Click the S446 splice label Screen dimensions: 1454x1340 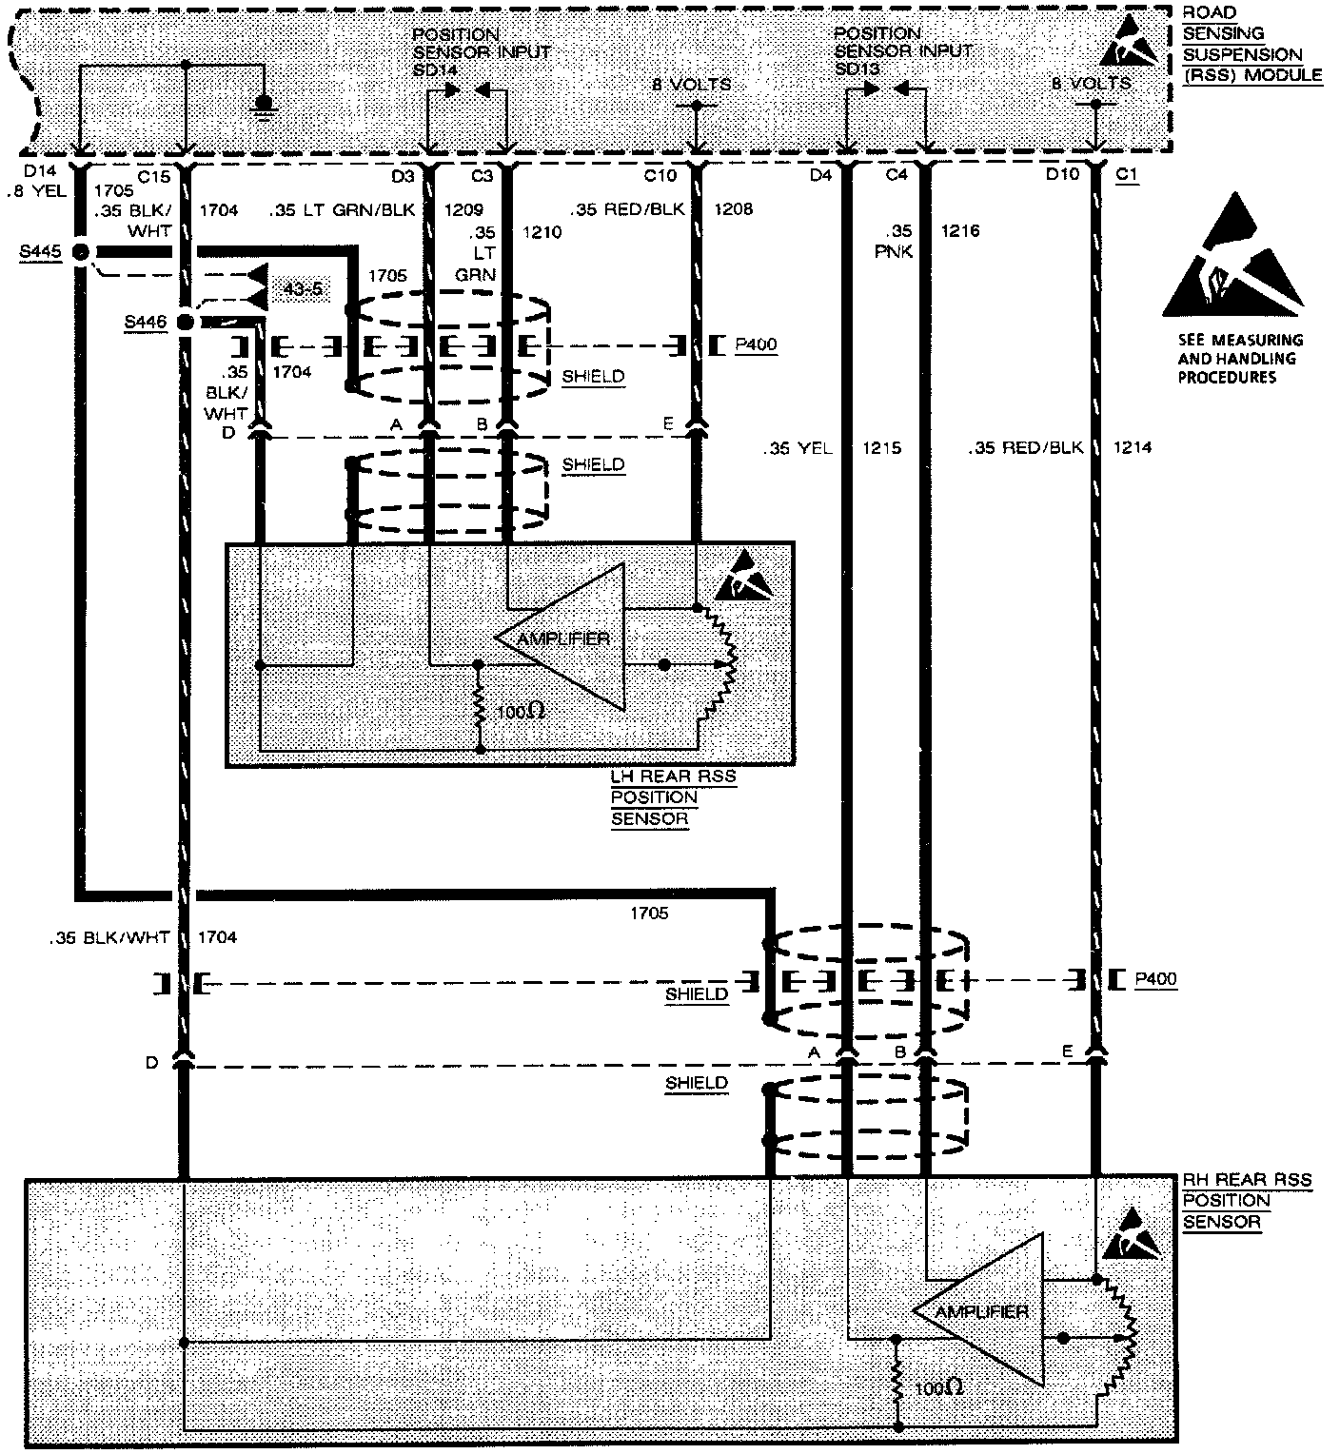(x=145, y=322)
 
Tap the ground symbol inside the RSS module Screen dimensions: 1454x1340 (x=266, y=104)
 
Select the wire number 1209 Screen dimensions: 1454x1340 (x=464, y=208)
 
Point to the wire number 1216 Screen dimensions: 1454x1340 (x=960, y=230)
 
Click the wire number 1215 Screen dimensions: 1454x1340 (x=881, y=447)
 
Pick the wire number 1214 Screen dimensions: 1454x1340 (x=1131, y=447)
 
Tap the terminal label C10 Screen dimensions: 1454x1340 (x=659, y=175)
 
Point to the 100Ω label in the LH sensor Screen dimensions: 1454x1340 (x=521, y=711)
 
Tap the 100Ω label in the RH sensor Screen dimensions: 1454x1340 (x=937, y=1388)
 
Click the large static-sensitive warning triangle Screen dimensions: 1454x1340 (x=1232, y=258)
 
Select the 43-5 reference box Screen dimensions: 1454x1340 (x=304, y=288)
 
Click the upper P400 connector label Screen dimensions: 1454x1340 (x=756, y=344)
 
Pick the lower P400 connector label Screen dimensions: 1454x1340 (x=1155, y=979)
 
